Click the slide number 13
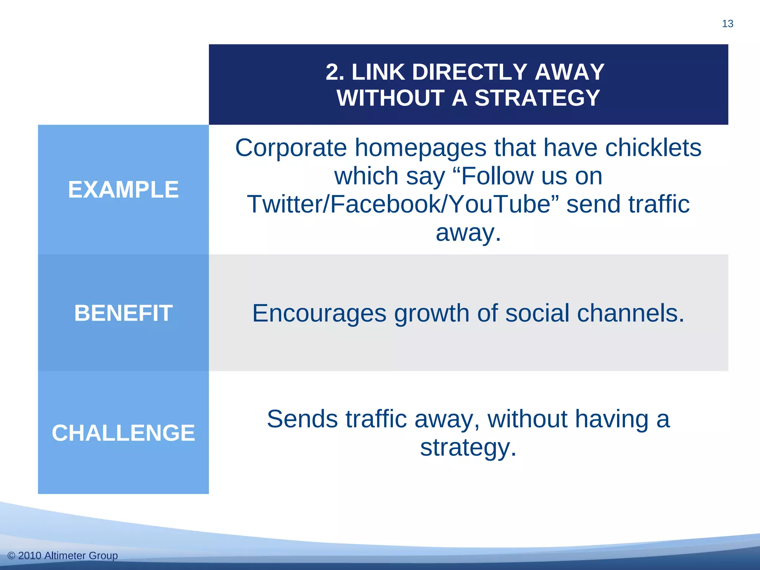(x=727, y=24)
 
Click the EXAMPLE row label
(x=123, y=190)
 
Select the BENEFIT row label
(x=123, y=313)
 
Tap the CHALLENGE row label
(x=123, y=433)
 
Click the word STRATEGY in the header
(x=537, y=98)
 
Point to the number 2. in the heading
(x=335, y=72)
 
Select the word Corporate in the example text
(x=291, y=148)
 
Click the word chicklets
(x=653, y=148)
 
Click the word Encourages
(x=319, y=314)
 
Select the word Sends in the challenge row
(x=302, y=419)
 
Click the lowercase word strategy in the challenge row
(x=468, y=448)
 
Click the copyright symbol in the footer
(x=11, y=556)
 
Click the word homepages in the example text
(x=420, y=148)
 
